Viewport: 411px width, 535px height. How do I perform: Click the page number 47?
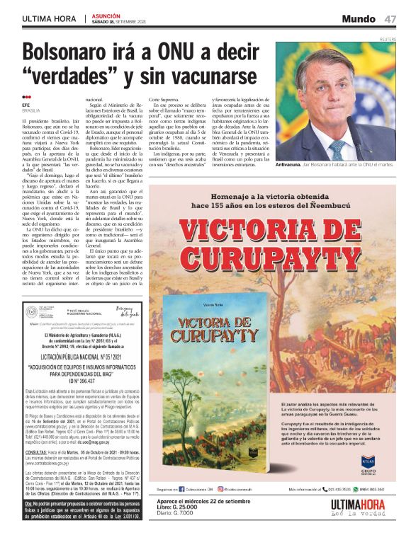[x=390, y=19]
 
